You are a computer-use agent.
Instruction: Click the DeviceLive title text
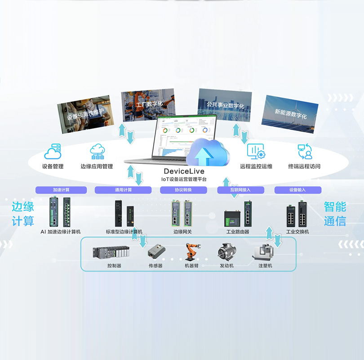(184, 171)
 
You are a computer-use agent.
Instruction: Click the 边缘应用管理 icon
(97, 152)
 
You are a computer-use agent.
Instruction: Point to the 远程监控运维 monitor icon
(256, 151)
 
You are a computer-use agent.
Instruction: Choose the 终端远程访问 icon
(305, 151)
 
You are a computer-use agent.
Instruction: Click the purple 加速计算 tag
(61, 190)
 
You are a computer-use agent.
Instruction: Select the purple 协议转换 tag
(183, 190)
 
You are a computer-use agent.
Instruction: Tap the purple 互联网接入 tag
(240, 190)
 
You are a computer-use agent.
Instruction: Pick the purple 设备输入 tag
(298, 190)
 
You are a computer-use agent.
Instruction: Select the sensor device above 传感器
(155, 251)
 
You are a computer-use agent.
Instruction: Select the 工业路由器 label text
(238, 232)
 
